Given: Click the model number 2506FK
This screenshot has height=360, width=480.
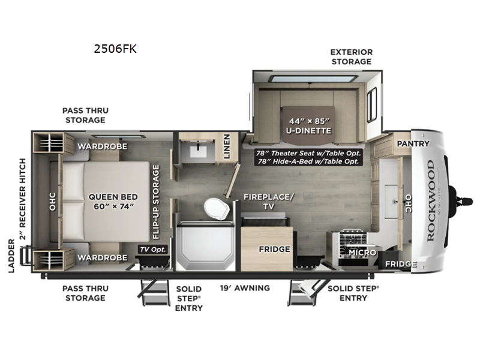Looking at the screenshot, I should (115, 49).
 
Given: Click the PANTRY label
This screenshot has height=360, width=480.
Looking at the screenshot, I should (413, 144).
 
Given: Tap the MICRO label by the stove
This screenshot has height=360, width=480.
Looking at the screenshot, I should (362, 253).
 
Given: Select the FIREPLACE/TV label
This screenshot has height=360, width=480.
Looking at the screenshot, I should (269, 201).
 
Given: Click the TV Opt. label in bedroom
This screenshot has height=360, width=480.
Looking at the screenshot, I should (152, 249).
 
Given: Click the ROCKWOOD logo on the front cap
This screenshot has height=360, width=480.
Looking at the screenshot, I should (431, 201).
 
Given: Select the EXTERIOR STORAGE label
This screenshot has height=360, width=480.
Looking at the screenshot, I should (351, 57).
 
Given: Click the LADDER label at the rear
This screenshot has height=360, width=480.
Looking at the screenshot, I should (11, 258).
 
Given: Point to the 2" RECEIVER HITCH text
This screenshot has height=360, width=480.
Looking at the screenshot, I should (23, 199).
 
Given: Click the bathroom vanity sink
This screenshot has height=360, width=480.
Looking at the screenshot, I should (196, 149).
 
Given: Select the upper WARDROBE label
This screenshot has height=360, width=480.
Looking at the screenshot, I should (101, 146).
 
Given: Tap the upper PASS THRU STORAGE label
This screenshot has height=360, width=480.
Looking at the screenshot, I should (85, 115).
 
